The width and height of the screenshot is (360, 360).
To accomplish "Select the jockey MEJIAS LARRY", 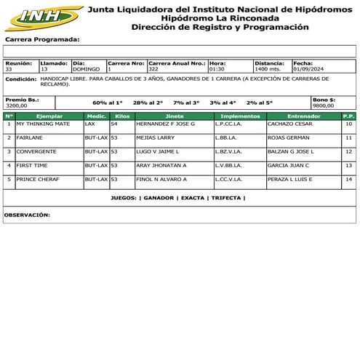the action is [156, 137].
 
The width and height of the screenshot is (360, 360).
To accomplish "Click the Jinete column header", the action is [175, 116].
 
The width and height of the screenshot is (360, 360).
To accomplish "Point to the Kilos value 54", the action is [114, 124].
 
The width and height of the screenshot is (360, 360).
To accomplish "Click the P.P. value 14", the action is [349, 178].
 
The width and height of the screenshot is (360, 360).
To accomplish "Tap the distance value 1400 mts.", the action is [269, 69].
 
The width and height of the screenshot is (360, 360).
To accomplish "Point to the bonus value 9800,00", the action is [323, 105].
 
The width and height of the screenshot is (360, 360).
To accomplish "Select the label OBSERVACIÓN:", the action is [27, 215].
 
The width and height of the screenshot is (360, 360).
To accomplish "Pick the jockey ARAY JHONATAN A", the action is [161, 165].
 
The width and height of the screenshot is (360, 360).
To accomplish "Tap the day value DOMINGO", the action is [86, 69].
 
